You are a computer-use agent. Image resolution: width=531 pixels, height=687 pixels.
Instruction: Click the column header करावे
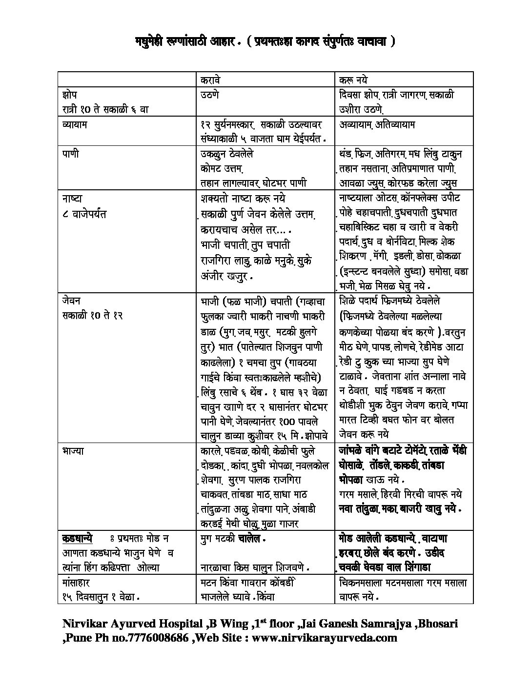point(214,80)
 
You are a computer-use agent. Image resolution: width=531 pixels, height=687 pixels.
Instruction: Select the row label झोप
point(70,95)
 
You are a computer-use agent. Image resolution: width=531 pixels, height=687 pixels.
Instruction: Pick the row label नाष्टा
point(72,199)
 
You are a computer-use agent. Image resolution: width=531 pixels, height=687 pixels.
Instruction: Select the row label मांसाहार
point(76,583)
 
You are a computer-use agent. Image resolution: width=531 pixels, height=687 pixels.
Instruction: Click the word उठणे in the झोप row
point(210,95)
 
